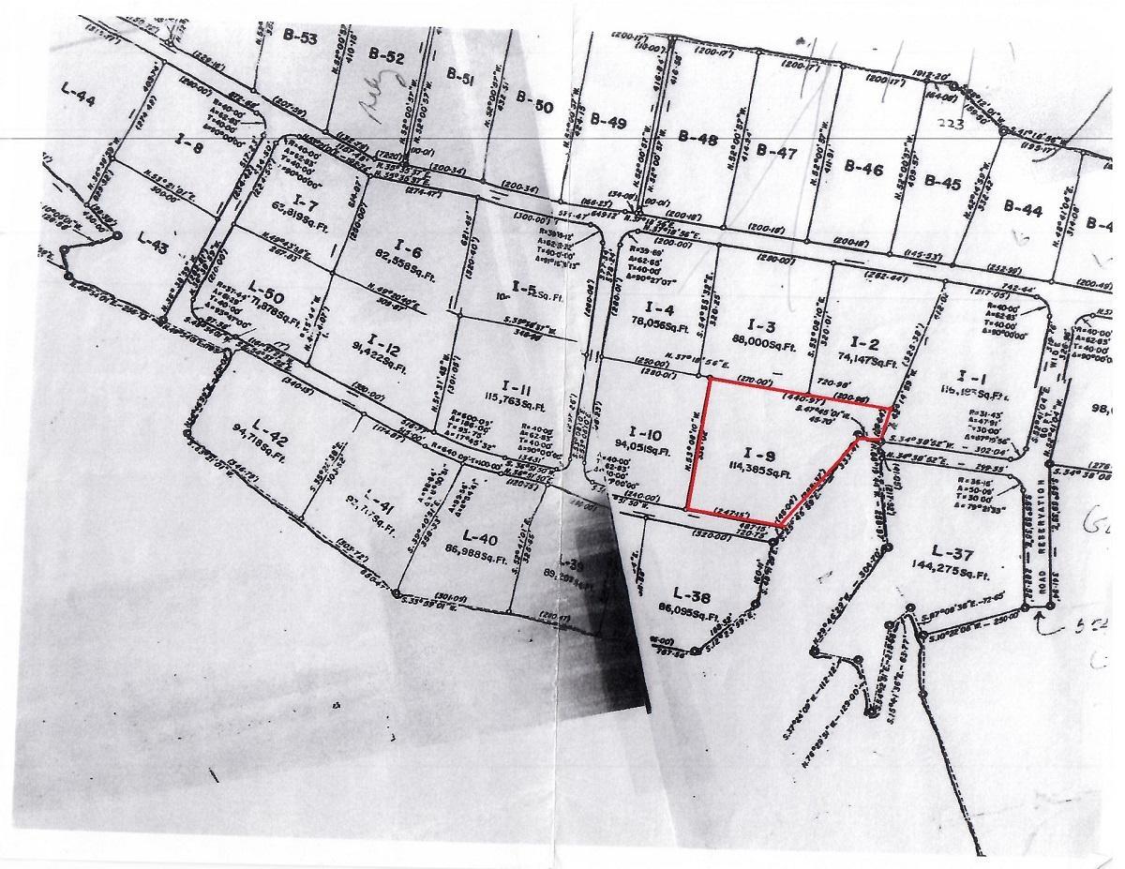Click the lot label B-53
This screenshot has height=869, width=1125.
pyautogui.click(x=300, y=38)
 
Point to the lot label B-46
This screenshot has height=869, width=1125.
pyautogui.click(x=864, y=170)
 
